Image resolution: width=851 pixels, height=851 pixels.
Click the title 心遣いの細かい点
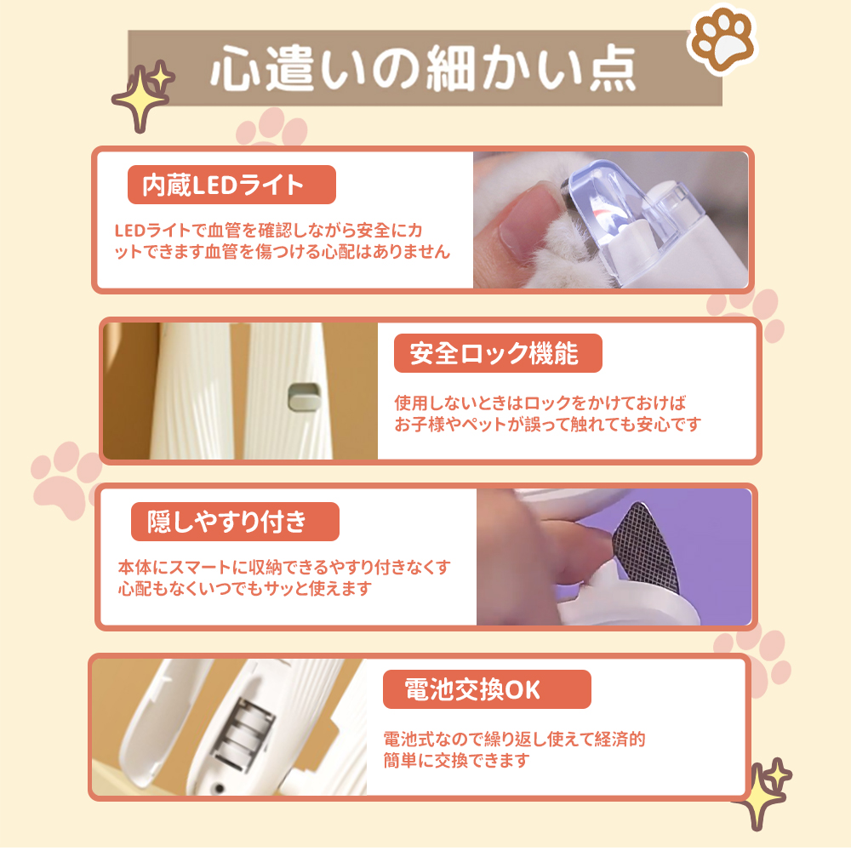click(423, 68)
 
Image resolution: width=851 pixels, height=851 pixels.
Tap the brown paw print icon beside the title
click(722, 39)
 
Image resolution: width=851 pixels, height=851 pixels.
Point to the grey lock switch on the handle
click(305, 397)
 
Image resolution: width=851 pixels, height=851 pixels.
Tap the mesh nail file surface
click(646, 548)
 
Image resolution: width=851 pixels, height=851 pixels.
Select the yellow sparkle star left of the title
click(143, 95)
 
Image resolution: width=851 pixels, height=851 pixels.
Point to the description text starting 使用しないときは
click(547, 414)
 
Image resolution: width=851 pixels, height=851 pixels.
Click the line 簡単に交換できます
click(456, 760)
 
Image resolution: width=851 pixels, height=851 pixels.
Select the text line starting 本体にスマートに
click(284, 567)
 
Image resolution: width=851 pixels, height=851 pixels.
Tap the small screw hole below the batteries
click(219, 788)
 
